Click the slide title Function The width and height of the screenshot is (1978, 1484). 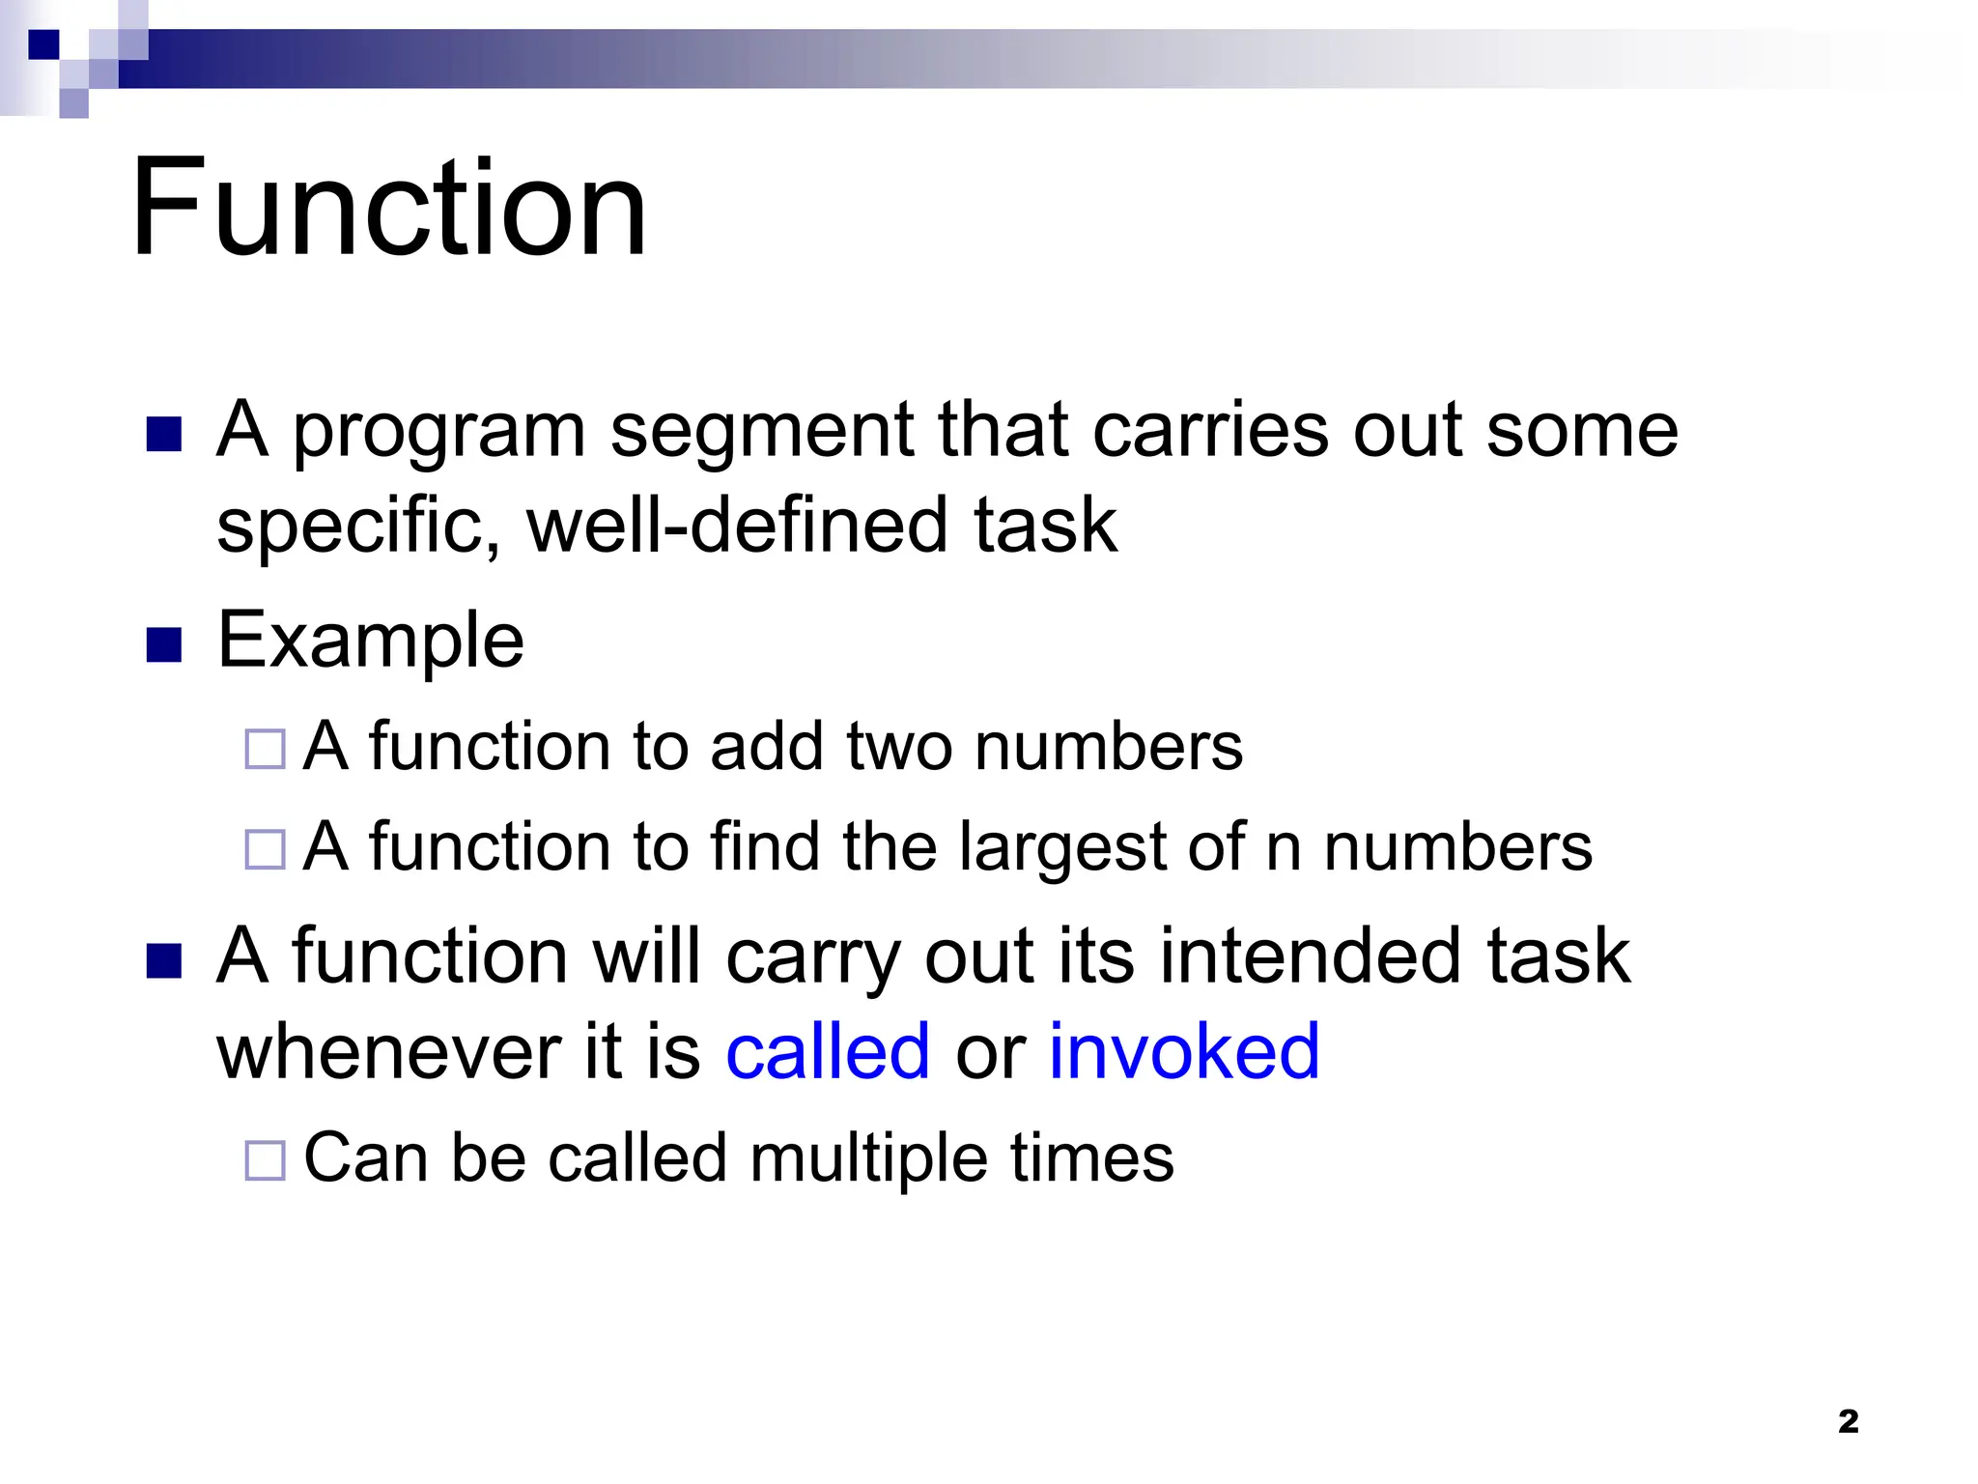coord(388,208)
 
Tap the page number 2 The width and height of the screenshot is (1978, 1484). coord(1848,1421)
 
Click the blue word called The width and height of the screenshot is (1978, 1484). coord(828,1051)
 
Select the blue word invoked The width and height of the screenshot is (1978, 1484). coord(1183,1051)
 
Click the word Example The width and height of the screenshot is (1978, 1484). coord(371,641)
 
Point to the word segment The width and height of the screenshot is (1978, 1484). coord(762,431)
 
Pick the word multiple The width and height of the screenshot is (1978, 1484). coord(868,1157)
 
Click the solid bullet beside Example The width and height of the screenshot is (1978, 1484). coord(164,644)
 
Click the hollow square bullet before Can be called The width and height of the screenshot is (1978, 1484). coord(265,1160)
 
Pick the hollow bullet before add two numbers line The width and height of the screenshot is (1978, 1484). coord(265,749)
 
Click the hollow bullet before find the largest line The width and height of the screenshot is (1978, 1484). coord(265,849)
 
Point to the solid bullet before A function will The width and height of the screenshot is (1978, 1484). coord(164,960)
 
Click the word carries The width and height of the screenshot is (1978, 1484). coord(1210,431)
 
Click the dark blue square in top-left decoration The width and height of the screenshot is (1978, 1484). coord(43,44)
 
